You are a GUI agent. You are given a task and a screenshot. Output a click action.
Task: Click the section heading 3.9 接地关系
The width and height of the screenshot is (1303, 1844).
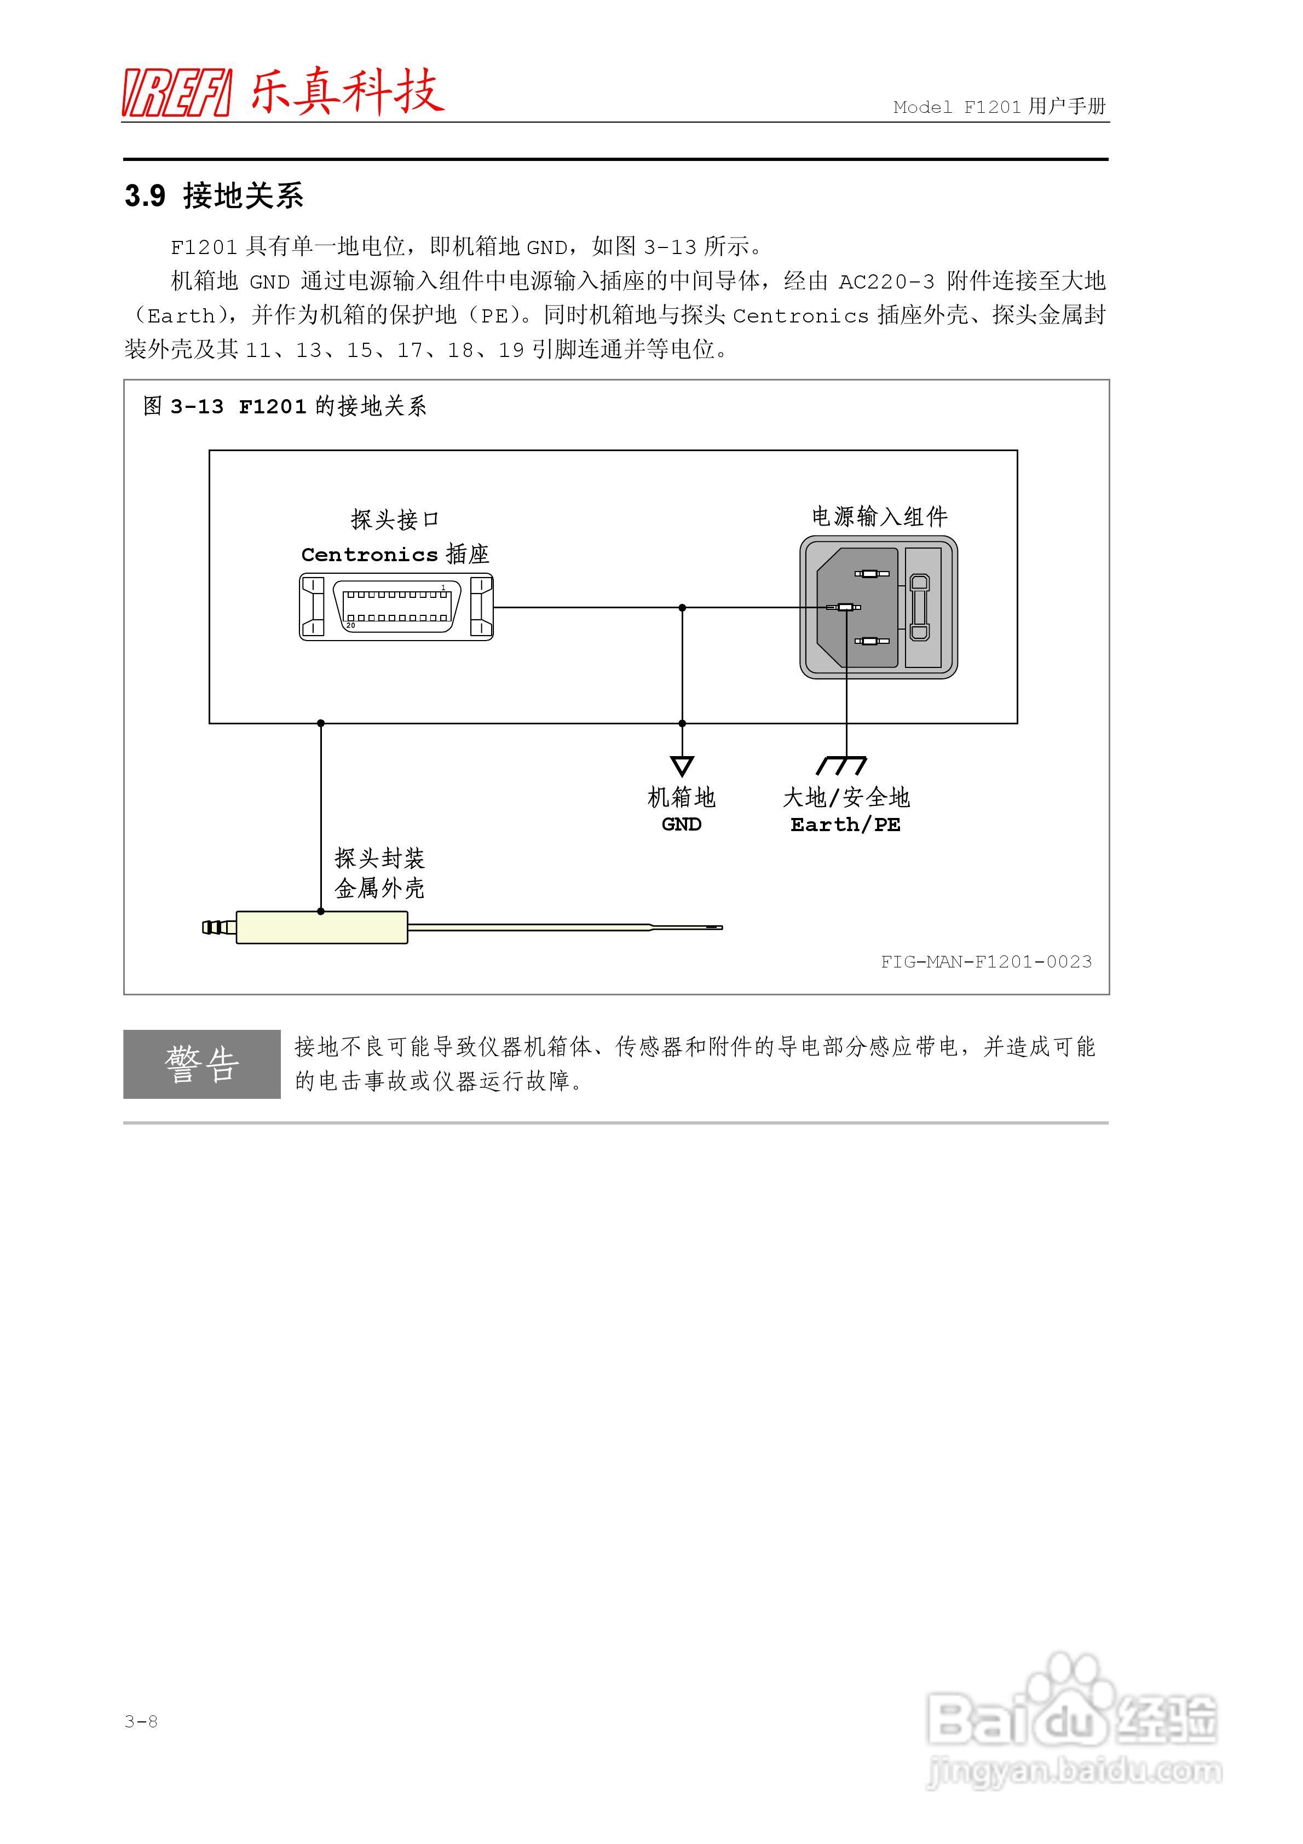pyautogui.click(x=214, y=195)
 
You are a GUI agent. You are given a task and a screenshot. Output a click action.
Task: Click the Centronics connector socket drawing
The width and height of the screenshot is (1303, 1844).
pyautogui.click(x=396, y=607)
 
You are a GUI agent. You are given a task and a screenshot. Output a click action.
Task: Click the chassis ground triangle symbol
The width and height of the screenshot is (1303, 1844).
pyautogui.click(x=682, y=765)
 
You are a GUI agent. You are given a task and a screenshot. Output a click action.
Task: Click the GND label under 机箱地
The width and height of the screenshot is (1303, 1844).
pyautogui.click(x=681, y=825)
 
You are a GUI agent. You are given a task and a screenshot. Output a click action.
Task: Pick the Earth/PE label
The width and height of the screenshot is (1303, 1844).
pyautogui.click(x=845, y=825)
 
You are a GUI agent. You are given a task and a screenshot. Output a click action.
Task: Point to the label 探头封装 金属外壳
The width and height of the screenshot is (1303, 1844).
pyautogui.click(x=379, y=873)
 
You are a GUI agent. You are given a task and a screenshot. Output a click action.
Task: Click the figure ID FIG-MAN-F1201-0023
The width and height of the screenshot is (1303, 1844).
pyautogui.click(x=985, y=962)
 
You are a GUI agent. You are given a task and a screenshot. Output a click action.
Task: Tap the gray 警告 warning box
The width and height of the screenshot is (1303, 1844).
pyautogui.click(x=201, y=1064)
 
